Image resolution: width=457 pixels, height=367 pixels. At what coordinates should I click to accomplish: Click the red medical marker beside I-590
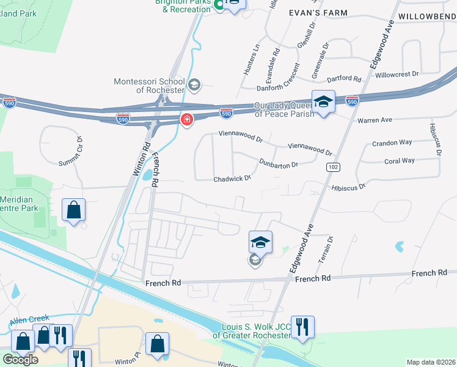coord(186,120)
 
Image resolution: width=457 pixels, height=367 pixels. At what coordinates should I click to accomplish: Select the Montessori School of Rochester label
coord(149,86)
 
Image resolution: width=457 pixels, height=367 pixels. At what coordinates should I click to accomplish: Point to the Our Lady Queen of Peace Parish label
coord(284,109)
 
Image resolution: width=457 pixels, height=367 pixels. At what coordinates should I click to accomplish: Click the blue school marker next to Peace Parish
coord(323,102)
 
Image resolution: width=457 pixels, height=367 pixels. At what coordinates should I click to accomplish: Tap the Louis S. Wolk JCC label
coord(252,330)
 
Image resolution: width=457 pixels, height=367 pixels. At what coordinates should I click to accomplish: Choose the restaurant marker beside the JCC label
coord(302,327)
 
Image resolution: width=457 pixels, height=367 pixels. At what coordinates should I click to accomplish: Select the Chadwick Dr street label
coord(232,179)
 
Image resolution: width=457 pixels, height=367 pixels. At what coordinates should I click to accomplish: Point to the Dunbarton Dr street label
coord(278,163)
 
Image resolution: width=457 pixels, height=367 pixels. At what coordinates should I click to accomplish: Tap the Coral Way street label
coord(400,161)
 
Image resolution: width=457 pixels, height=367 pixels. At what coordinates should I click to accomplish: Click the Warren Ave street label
coord(375,120)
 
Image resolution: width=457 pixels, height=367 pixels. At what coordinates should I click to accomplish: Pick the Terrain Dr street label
coord(325,250)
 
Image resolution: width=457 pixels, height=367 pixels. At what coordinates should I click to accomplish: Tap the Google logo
coord(20,359)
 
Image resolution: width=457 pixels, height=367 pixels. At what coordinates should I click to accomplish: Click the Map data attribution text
coord(430,362)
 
